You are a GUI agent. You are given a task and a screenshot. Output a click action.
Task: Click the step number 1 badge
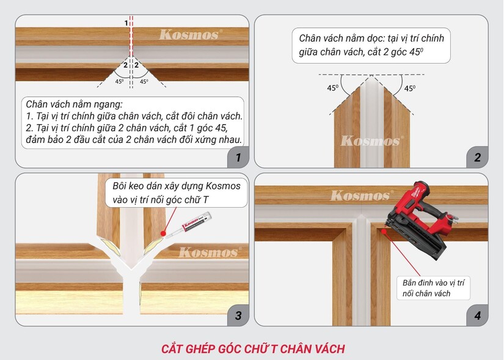pyautogui.click(x=238, y=157)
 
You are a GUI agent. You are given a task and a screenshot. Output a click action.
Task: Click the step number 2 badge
pyautogui.click(x=477, y=157)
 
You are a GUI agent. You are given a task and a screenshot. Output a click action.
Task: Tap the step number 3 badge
pyautogui.click(x=238, y=315)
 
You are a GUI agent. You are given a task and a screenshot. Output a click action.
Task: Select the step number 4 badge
pyautogui.click(x=477, y=315)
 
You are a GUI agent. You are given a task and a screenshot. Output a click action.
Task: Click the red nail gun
pyautogui.click(x=421, y=219)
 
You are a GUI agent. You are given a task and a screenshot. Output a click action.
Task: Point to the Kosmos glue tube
pyautogui.click(x=189, y=225)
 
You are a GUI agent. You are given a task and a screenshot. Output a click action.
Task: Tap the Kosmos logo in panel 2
pyautogui.click(x=372, y=141)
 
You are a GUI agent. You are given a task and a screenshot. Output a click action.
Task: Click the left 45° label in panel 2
pyautogui.click(x=333, y=88)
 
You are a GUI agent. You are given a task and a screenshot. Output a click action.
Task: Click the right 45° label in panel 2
pyautogui.click(x=410, y=88)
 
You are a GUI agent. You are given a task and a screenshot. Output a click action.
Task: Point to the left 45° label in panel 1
pyautogui.click(x=119, y=81)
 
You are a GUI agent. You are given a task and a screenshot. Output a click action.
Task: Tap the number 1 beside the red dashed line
pyautogui.click(x=126, y=23)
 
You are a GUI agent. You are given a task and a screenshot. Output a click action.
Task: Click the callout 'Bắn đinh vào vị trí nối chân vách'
pyautogui.click(x=433, y=288)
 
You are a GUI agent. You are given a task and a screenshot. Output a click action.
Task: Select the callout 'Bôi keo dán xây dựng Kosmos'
pyautogui.click(x=177, y=193)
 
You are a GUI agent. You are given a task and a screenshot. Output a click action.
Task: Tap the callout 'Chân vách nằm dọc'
pyautogui.click(x=371, y=45)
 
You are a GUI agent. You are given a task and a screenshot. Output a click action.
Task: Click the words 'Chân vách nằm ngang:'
pyautogui.click(x=75, y=105)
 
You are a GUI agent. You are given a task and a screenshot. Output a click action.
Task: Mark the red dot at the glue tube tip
pyautogui.click(x=163, y=234)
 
